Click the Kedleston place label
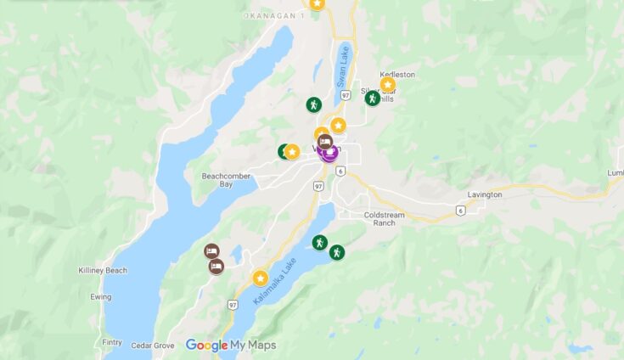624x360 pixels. pyautogui.click(x=397, y=75)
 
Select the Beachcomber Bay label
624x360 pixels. pyautogui.click(x=222, y=180)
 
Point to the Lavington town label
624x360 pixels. pyautogui.click(x=484, y=194)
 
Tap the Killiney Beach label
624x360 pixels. pyautogui.click(x=103, y=270)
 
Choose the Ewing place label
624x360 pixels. pyautogui.click(x=101, y=297)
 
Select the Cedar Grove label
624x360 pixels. pyautogui.click(x=153, y=346)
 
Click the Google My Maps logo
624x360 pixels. pyautogui.click(x=231, y=346)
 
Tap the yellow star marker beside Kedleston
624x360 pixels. pyautogui.click(x=387, y=84)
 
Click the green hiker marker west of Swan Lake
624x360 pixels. pyautogui.click(x=314, y=104)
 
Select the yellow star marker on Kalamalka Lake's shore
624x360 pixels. pyautogui.click(x=260, y=278)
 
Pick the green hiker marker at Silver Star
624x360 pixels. pyautogui.click(x=372, y=98)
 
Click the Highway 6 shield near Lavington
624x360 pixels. pyautogui.click(x=460, y=210)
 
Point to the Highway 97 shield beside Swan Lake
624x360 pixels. pyautogui.click(x=345, y=95)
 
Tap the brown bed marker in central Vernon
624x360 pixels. pyautogui.click(x=324, y=143)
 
